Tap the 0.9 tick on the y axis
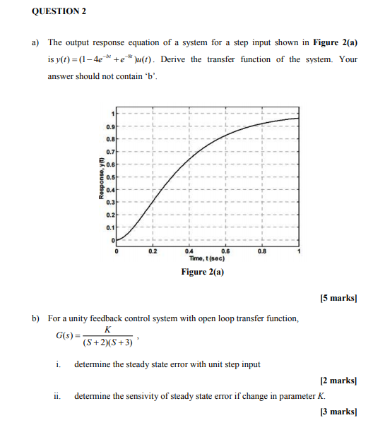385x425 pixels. pos(109,126)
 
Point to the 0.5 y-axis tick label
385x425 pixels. pos(109,177)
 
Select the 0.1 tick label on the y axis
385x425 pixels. pos(109,228)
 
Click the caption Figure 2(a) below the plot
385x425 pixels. pos(203,272)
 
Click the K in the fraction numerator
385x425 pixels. pos(107,329)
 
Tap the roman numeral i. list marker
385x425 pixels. pos(57,364)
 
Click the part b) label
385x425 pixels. pos(36,319)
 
